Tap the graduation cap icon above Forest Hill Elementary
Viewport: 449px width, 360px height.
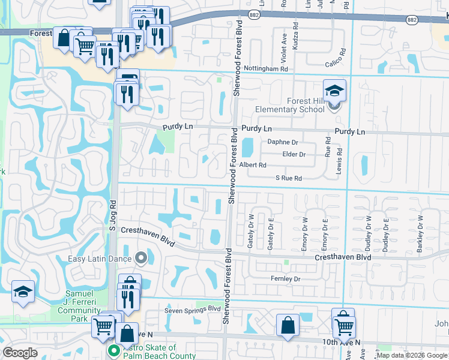click(335, 91)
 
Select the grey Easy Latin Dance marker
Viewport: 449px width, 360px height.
click(141, 259)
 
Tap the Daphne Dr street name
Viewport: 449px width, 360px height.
click(283, 142)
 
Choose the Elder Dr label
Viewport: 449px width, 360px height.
click(294, 154)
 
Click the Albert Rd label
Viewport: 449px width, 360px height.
click(253, 165)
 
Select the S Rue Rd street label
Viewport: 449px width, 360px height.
click(288, 178)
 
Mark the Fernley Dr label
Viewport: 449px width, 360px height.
click(285, 279)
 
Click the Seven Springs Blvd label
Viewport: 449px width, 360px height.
click(193, 310)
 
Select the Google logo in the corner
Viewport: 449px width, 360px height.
click(20, 353)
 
